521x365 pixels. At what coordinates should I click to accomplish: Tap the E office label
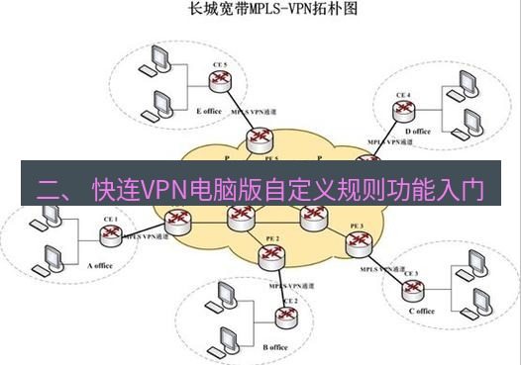209,112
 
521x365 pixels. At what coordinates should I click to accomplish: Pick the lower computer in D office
467,124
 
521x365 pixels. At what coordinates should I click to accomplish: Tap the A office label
103,265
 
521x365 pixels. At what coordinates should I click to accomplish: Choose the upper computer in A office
47,223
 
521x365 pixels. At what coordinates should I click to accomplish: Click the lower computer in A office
45,263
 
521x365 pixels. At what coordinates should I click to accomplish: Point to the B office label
275,347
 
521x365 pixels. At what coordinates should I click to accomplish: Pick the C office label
420,311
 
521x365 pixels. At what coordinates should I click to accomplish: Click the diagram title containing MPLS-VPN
260,13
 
